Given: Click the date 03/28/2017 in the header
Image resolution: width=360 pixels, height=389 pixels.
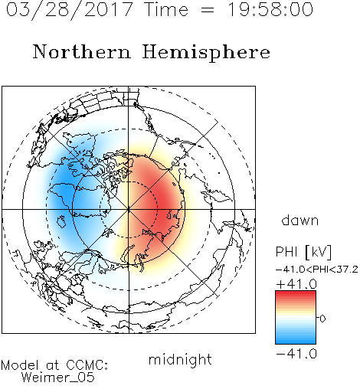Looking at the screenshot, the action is [x=70, y=10].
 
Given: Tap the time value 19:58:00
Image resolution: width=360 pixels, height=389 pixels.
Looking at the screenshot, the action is [x=270, y=9].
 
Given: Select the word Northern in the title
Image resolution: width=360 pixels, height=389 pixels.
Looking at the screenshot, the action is [x=82, y=51].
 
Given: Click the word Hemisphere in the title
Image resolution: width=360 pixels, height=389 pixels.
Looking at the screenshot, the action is [x=206, y=52].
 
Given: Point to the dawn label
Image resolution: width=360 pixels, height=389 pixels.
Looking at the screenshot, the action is [x=300, y=221].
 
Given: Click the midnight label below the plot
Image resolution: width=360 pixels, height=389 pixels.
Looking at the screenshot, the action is [x=180, y=360].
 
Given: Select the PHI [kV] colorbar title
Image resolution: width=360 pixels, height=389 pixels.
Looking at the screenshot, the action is [x=303, y=252].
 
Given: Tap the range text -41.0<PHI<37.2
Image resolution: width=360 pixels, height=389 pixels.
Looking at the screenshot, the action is [x=317, y=270].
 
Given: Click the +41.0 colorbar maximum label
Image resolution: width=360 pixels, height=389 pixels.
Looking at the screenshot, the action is [x=296, y=284].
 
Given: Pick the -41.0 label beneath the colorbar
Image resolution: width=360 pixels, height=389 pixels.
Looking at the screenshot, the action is [x=296, y=354].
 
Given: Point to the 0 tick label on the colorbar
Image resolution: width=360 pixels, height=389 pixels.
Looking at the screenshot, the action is [x=322, y=319].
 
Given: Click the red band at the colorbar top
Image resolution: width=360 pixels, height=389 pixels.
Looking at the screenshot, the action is [x=296, y=294].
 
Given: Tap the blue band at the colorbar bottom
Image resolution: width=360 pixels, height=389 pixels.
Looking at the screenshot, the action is [x=296, y=341].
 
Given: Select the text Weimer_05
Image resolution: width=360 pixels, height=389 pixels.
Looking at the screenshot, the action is [x=58, y=378].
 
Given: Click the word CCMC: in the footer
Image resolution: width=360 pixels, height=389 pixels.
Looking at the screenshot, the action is [x=87, y=365].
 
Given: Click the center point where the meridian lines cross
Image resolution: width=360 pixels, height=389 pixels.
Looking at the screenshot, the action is [x=129, y=209].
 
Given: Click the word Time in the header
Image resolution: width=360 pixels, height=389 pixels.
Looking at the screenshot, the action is [x=166, y=9].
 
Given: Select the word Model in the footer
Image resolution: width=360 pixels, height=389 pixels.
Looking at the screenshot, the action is [x=20, y=365].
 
